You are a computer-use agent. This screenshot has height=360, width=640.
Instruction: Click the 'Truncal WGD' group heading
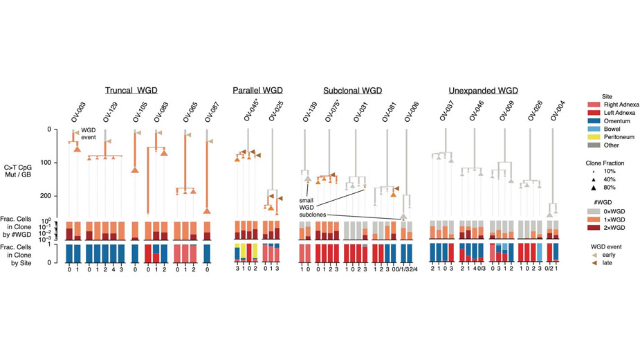131,91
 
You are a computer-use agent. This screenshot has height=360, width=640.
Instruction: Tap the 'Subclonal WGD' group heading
352,91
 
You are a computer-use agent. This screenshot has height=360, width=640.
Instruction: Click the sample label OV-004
553,111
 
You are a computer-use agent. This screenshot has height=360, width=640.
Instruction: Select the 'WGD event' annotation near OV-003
89,134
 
